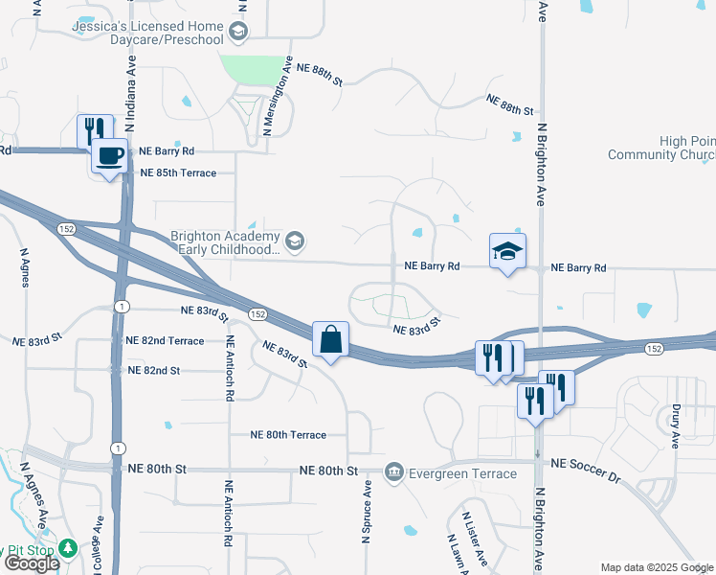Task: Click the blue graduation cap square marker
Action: pyautogui.click(x=508, y=252)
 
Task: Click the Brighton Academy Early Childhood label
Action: pyautogui.click(x=225, y=242)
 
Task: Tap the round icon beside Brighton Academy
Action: pyautogui.click(x=295, y=241)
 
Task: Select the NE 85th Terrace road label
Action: pyautogui.click(x=186, y=173)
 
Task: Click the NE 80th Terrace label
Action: pyautogui.click(x=288, y=435)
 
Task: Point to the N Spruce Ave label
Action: pyautogui.click(x=366, y=513)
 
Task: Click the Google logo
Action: pyautogui.click(x=31, y=563)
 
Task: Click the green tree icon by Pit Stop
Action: pyautogui.click(x=67, y=549)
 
